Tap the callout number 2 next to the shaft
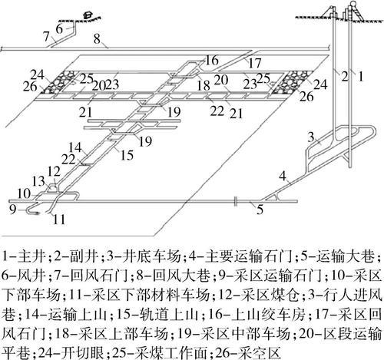346,75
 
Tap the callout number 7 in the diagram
45,34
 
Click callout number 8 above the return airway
96,38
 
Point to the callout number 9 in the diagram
13,206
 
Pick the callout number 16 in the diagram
211,60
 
